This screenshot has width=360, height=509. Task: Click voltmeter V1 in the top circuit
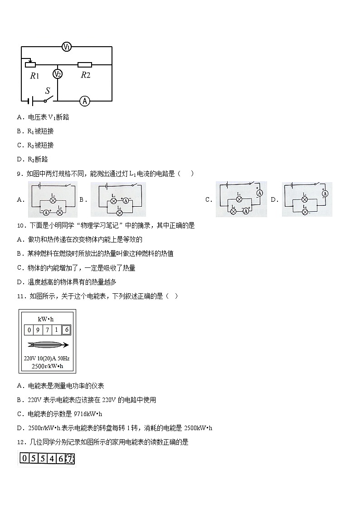[67, 47]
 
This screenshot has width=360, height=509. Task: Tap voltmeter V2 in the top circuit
[58, 74]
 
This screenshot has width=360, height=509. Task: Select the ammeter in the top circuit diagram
[84, 101]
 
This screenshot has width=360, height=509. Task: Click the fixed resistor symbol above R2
[85, 65]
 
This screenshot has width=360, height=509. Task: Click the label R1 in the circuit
[35, 76]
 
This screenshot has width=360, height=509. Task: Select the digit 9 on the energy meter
[39, 330]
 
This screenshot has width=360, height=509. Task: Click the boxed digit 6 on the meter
[66, 330]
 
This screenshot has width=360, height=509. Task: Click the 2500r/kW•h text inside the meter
[47, 366]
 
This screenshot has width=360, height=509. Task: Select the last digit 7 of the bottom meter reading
[70, 459]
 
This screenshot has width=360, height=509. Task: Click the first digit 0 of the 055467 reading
[23, 459]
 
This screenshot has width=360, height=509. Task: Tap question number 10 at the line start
[20, 225]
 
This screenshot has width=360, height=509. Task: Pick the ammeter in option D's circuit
[325, 194]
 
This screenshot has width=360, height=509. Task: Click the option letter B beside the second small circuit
[82, 199]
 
